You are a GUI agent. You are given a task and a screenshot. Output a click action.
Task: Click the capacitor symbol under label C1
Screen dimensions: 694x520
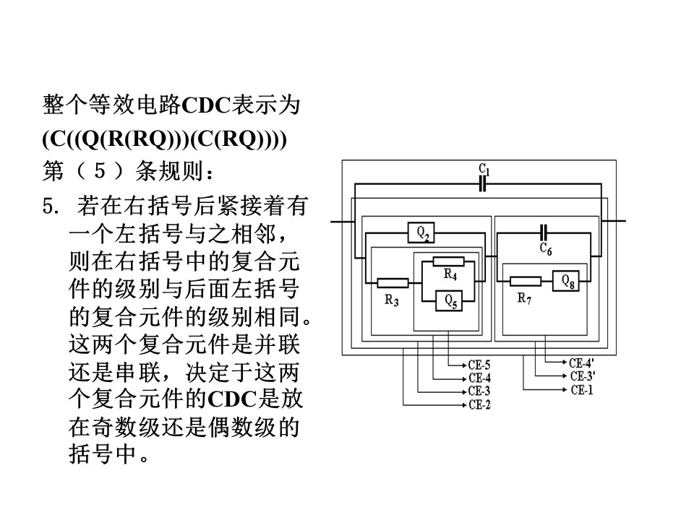point(483,183)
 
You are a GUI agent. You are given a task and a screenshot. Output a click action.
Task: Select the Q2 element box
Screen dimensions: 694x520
point(421,233)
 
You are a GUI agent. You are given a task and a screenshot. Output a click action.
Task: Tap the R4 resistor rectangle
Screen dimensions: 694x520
point(448,261)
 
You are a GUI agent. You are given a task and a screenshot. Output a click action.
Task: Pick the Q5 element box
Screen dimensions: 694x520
point(449,301)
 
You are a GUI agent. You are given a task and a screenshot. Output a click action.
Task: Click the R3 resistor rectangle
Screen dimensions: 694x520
point(393,283)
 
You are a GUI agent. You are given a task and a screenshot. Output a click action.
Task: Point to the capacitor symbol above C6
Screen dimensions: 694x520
point(544,232)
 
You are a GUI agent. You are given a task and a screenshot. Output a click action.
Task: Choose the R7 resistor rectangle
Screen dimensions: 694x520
point(526,281)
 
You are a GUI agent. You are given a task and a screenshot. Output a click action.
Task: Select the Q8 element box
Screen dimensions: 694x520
point(565,280)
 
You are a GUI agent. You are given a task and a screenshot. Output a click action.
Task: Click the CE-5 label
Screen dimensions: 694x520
point(479,365)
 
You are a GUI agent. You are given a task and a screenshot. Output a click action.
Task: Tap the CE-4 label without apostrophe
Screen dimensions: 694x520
point(479,378)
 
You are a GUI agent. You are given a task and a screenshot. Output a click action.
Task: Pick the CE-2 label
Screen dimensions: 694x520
point(479,404)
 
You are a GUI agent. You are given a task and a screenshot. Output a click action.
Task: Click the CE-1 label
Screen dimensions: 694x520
point(581,390)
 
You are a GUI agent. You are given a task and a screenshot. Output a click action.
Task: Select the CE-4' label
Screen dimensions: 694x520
point(581,363)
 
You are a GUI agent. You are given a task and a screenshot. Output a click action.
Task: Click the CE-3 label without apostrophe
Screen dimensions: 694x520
point(479,391)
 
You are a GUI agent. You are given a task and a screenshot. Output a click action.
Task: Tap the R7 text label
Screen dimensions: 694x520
point(525,298)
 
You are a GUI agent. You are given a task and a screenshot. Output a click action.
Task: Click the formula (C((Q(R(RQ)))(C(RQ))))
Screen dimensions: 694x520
point(165,139)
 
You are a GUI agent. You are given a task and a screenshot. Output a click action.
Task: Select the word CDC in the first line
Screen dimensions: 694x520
point(206,105)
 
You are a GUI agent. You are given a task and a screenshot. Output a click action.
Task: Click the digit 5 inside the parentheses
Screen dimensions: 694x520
point(100,170)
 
